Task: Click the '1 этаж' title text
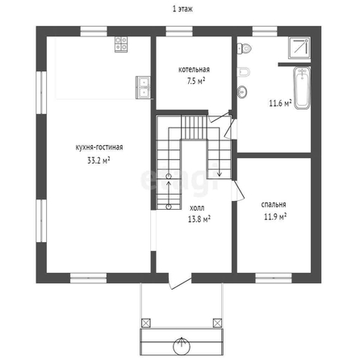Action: (x=182, y=9)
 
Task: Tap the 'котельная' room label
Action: (x=194, y=69)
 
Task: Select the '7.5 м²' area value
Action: (x=196, y=81)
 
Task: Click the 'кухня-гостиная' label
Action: (x=99, y=148)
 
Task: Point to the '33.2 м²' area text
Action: (x=98, y=161)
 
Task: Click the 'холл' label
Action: (x=197, y=208)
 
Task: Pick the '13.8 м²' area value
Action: (x=199, y=219)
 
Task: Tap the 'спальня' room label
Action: (x=274, y=205)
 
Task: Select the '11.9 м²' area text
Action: (x=275, y=216)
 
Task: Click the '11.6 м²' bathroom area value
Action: (x=280, y=103)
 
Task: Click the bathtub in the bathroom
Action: (x=302, y=88)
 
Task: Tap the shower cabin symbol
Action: (x=299, y=48)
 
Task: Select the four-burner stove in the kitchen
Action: (x=121, y=44)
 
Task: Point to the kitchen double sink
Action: (x=143, y=87)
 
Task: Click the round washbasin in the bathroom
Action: (x=242, y=92)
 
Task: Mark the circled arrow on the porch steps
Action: (x=182, y=345)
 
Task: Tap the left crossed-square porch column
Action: (x=146, y=323)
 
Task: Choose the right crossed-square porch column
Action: (x=217, y=323)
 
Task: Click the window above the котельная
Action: (x=179, y=31)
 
